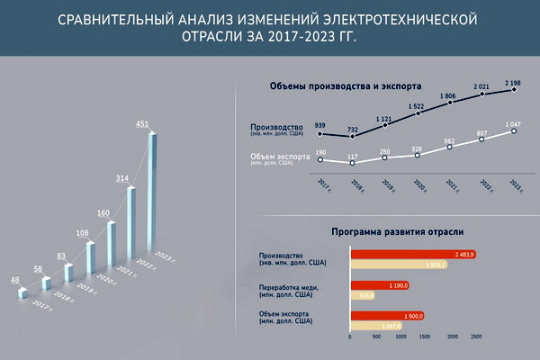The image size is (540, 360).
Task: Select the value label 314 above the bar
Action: coord(123,178)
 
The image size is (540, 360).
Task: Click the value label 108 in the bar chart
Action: coord(84,233)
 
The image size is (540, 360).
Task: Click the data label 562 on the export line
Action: coord(449,140)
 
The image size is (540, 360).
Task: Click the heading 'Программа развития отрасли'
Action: coord(385,230)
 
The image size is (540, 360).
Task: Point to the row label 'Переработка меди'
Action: coord(291,287)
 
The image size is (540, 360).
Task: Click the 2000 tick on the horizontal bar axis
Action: coord(451,337)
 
